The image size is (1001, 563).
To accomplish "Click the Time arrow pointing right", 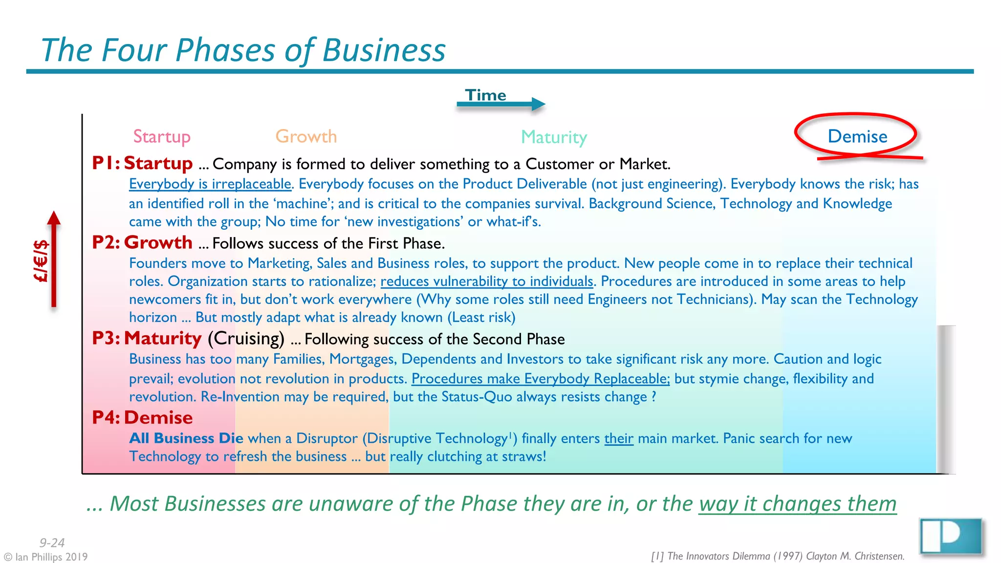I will tap(500, 104).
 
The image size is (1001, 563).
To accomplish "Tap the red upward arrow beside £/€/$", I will tap(54, 259).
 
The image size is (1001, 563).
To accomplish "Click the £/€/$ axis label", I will tap(41, 261).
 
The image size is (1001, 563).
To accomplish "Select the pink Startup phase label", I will tap(162, 136).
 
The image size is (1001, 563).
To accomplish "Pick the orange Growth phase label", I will tap(306, 136).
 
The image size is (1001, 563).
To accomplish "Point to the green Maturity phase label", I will tap(554, 137).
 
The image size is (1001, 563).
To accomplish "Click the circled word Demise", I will tap(857, 136).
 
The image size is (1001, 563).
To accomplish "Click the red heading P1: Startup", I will tap(143, 163).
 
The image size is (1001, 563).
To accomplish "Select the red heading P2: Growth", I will tap(143, 242).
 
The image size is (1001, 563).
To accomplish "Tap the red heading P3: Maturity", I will tap(147, 338).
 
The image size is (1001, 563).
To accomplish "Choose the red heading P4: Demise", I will tap(143, 418).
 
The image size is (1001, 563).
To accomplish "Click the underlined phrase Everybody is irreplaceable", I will tap(210, 184).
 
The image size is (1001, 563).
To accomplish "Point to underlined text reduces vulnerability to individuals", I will tap(487, 281).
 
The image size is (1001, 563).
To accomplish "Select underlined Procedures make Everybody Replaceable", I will tap(540, 379).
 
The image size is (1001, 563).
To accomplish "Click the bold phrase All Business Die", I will tap(186, 438).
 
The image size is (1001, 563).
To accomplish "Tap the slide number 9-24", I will tap(52, 542).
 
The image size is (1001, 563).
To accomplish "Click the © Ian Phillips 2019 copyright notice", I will tap(45, 557).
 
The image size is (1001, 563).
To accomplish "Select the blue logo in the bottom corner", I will tap(951, 537).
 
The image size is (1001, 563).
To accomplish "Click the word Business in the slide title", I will tap(384, 50).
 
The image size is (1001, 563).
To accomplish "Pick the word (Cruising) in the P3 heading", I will tap(246, 338).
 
